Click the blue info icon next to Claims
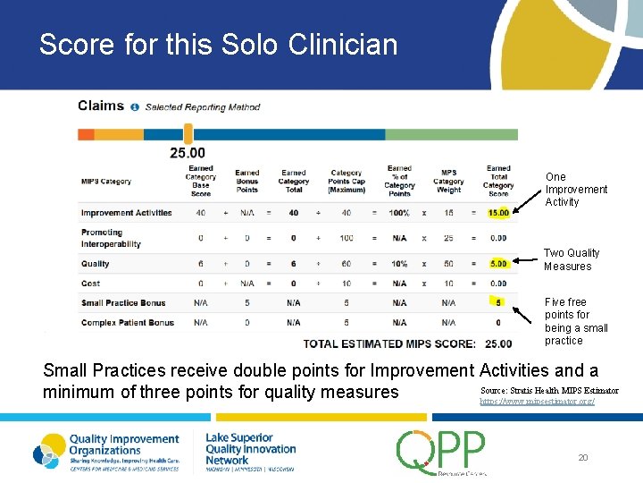135,107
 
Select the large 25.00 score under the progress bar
188,153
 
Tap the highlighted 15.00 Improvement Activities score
498,213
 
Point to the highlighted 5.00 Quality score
498,264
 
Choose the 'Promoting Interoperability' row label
111,238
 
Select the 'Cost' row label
90,284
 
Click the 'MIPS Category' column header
105,182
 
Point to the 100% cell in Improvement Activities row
398,213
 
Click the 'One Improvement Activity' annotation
576,190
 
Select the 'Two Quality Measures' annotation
572,259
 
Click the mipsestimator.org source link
537,402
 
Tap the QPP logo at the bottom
441,452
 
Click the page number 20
583,457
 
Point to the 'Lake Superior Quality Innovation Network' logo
250,449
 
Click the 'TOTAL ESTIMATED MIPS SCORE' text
391,343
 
